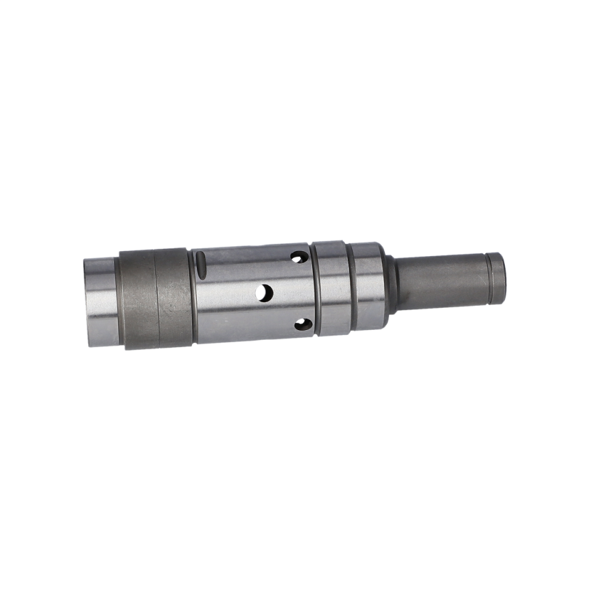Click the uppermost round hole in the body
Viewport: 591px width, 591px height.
(299, 256)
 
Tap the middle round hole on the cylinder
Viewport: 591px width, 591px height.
(265, 293)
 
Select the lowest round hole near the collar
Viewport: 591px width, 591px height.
(302, 324)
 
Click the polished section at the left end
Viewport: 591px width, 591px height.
(100, 302)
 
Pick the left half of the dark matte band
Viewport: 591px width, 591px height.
(137, 299)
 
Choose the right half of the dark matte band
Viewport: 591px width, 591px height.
(174, 297)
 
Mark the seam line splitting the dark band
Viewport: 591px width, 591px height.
(155, 299)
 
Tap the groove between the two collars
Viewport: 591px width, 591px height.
(349, 287)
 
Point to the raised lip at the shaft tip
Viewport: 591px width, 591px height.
(497, 278)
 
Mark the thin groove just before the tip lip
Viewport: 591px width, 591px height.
(486, 279)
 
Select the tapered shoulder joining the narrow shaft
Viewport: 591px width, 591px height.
(390, 284)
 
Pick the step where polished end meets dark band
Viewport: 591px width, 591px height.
(117, 301)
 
